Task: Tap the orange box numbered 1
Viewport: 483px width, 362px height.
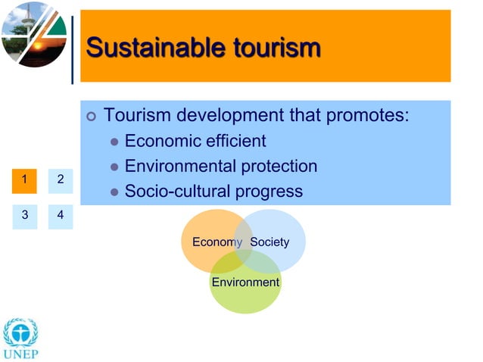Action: [25, 180]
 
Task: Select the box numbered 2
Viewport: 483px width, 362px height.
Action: [60, 180]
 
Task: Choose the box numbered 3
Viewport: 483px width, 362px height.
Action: [25, 215]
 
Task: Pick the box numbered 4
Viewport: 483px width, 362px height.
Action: [60, 215]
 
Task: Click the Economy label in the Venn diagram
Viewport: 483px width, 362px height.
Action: [217, 242]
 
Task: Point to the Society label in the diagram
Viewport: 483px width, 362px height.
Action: [270, 242]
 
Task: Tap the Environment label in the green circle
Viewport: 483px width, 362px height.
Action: [245, 282]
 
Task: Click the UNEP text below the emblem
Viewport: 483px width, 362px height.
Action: [20, 354]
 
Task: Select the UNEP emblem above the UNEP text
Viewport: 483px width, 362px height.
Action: [20, 332]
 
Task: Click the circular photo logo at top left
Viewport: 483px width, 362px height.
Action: [34, 34]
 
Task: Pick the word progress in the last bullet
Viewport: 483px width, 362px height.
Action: [269, 191]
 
